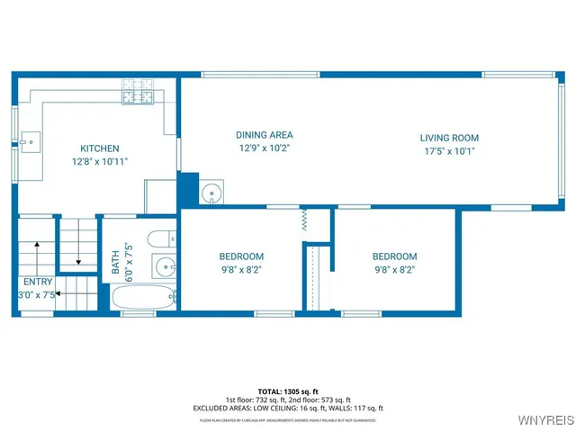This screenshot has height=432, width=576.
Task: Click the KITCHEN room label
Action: (99, 148)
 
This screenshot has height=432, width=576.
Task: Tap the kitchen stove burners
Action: (139, 93)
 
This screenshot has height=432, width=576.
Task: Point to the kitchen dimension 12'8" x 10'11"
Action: (99, 161)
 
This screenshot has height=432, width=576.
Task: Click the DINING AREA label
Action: (265, 135)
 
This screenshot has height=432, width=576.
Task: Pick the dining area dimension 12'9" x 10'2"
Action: (265, 148)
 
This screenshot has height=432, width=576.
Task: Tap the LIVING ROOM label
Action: (449, 138)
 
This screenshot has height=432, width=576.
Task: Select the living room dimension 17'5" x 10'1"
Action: (449, 151)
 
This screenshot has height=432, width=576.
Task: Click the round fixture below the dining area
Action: (212, 193)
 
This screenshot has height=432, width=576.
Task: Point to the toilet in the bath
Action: (160, 239)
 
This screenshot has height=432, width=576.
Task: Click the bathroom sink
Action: (163, 267)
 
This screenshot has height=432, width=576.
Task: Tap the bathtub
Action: (143, 298)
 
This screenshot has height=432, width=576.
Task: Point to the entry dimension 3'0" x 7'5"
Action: (37, 293)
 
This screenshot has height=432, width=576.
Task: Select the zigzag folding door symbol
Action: (304, 218)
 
